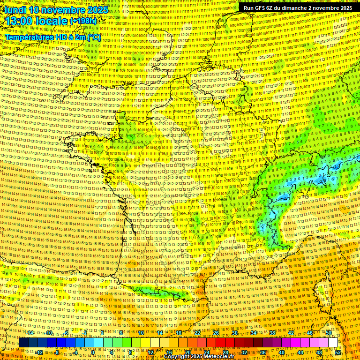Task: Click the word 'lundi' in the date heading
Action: coord(15,10)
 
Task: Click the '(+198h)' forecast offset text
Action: coord(83,21)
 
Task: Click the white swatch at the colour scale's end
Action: coord(333,343)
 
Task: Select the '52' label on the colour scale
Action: coord(338,352)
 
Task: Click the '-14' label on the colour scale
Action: coord(30,333)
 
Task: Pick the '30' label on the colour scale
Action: coord(235,333)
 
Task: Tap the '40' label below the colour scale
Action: coord(281,352)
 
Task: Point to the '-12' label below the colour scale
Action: coord(39,352)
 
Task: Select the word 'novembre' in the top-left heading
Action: coord(64,10)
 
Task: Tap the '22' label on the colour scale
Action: coord(197,333)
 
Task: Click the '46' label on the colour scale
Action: coord(309,333)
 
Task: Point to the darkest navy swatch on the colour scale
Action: coord(23,343)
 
